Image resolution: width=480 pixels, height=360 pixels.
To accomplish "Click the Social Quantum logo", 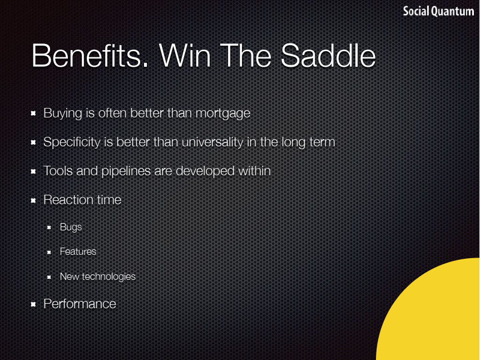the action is [438, 12].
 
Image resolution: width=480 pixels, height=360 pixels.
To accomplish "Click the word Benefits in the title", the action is [90, 56].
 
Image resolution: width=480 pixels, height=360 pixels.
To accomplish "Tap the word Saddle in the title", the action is [328, 56].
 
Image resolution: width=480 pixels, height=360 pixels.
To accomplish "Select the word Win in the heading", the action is [185, 56].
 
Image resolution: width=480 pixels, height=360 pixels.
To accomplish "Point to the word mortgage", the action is [223, 114].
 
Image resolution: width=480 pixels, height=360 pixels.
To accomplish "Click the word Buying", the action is [63, 114].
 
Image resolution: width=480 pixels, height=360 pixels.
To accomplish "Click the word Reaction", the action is [68, 200].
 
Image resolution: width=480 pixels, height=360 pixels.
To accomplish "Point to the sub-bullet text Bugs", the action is [71, 228].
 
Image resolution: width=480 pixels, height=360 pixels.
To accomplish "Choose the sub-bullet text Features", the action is [78, 251].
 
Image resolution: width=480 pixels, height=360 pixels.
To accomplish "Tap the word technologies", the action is [108, 277].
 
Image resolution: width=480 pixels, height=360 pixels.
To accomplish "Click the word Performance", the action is [80, 304].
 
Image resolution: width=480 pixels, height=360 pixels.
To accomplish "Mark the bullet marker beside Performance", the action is [33, 304].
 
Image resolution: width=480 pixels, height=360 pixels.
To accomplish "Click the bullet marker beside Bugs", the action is [49, 228].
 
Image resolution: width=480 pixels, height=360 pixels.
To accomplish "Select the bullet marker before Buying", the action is [33, 114].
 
